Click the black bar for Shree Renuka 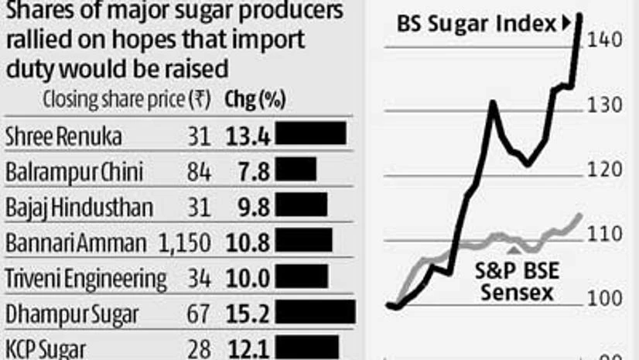click(x=311, y=134)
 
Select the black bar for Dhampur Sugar click(x=316, y=313)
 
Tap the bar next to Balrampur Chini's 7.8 click(x=296, y=170)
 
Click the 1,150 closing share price click(x=184, y=242)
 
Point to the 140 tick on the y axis click(x=606, y=39)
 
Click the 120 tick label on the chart click(x=606, y=170)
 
